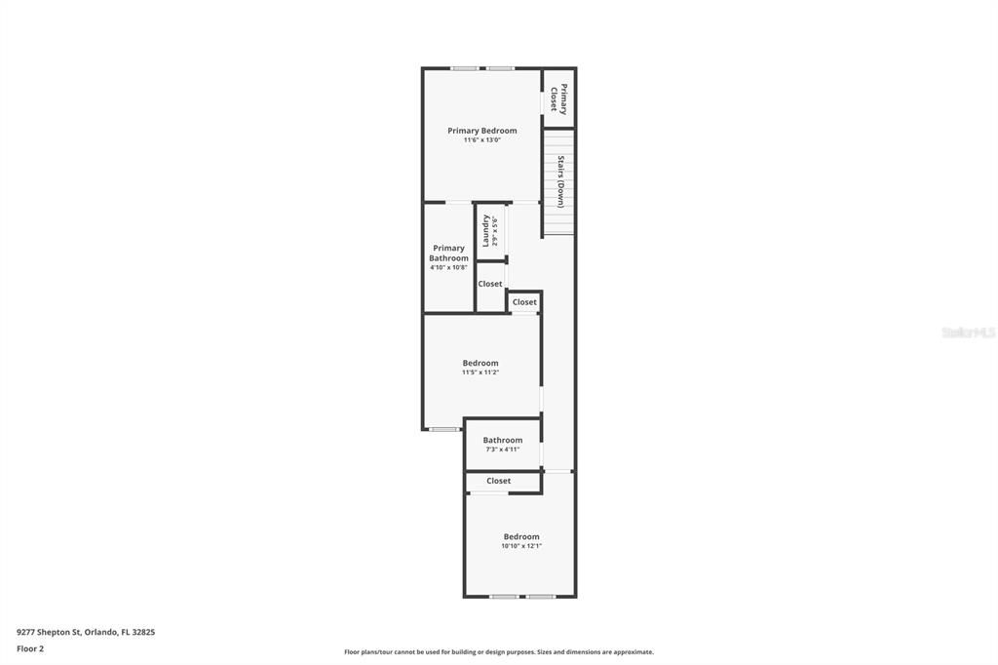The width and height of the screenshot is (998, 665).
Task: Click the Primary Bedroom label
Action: click(x=481, y=131)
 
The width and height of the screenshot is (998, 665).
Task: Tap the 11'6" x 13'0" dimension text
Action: click(x=481, y=140)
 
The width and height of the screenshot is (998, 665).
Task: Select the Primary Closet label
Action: click(x=558, y=98)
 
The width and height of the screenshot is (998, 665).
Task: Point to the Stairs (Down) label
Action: click(x=560, y=181)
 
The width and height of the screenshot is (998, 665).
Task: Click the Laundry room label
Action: click(x=486, y=231)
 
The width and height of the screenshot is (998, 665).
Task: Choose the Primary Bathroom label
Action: click(x=448, y=253)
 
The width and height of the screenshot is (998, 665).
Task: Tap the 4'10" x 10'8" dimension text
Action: click(x=448, y=268)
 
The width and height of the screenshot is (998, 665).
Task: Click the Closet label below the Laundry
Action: click(x=490, y=285)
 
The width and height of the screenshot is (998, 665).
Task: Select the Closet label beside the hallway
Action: click(x=524, y=302)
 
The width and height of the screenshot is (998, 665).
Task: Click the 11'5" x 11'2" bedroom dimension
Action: click(x=480, y=372)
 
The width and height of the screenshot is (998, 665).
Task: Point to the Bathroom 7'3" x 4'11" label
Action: click(x=502, y=441)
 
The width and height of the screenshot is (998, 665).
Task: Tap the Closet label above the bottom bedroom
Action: click(x=498, y=481)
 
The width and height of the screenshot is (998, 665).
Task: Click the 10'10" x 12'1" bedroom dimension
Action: click(x=521, y=546)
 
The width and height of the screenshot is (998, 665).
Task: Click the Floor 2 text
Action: click(x=30, y=648)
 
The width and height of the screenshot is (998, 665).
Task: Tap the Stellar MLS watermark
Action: click(x=968, y=332)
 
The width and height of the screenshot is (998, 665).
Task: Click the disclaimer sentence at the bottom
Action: click(x=499, y=652)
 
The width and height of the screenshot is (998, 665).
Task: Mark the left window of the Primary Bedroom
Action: click(x=464, y=68)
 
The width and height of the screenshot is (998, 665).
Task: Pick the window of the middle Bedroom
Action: click(x=444, y=429)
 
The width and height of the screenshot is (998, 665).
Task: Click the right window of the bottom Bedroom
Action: click(x=540, y=596)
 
